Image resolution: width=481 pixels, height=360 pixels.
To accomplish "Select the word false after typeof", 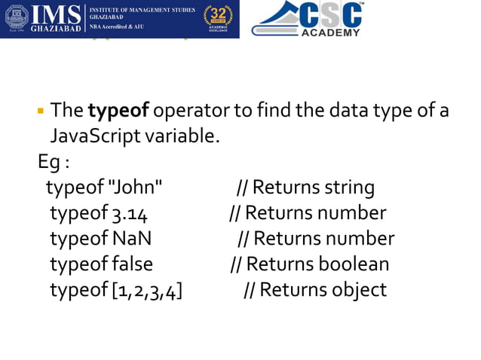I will (132, 264).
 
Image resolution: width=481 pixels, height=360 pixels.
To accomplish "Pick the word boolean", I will (354, 264).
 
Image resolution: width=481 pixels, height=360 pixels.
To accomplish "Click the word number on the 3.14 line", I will (352, 214).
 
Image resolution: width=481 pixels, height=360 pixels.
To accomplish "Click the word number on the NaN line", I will (360, 239).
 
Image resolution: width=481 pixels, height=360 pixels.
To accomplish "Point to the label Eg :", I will (54, 162).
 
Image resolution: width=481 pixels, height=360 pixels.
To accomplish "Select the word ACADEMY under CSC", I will (330, 32).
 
